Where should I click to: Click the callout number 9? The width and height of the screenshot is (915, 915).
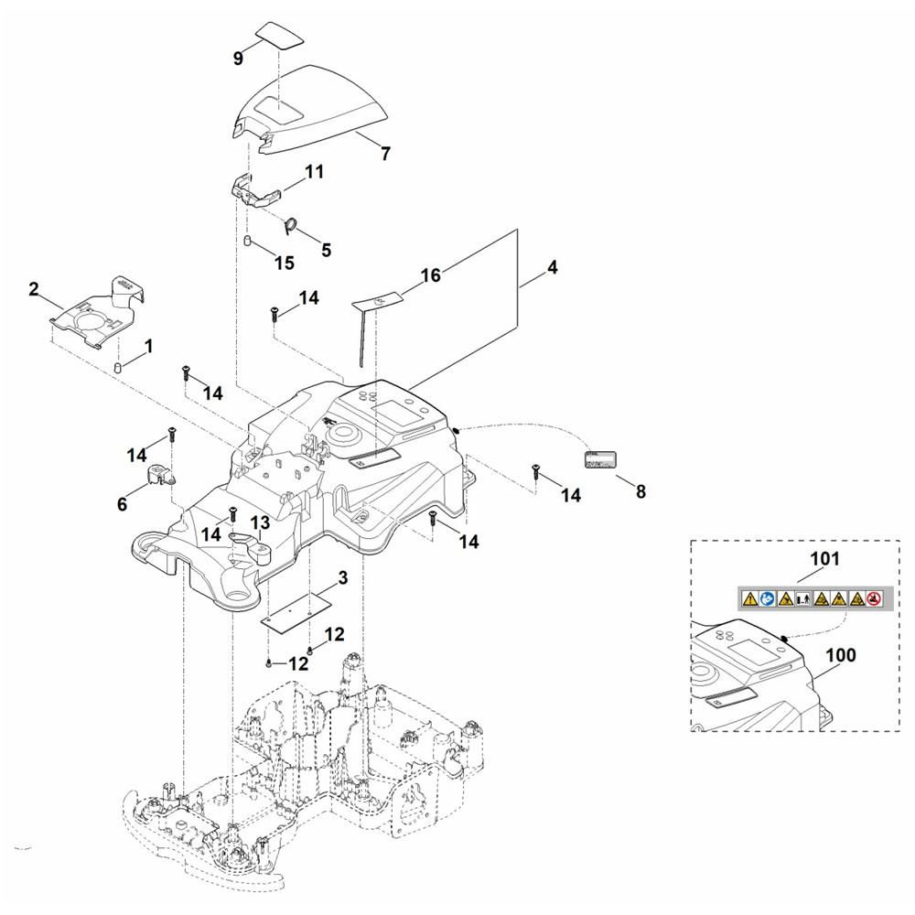tap(239, 58)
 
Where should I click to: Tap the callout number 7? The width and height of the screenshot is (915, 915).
tap(385, 154)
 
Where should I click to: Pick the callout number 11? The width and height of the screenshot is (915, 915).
tap(315, 171)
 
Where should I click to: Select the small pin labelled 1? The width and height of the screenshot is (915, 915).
tap(118, 368)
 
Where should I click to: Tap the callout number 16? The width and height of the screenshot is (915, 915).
tap(430, 275)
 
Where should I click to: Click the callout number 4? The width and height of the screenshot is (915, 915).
tap(552, 268)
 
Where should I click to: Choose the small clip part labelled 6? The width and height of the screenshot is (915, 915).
tap(160, 474)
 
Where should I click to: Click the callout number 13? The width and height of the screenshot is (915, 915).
tap(260, 522)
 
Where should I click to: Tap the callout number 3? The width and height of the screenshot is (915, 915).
tap(342, 578)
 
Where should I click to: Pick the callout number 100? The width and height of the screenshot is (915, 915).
tap(840, 655)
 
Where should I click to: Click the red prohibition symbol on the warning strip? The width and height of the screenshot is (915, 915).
tap(874, 599)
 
